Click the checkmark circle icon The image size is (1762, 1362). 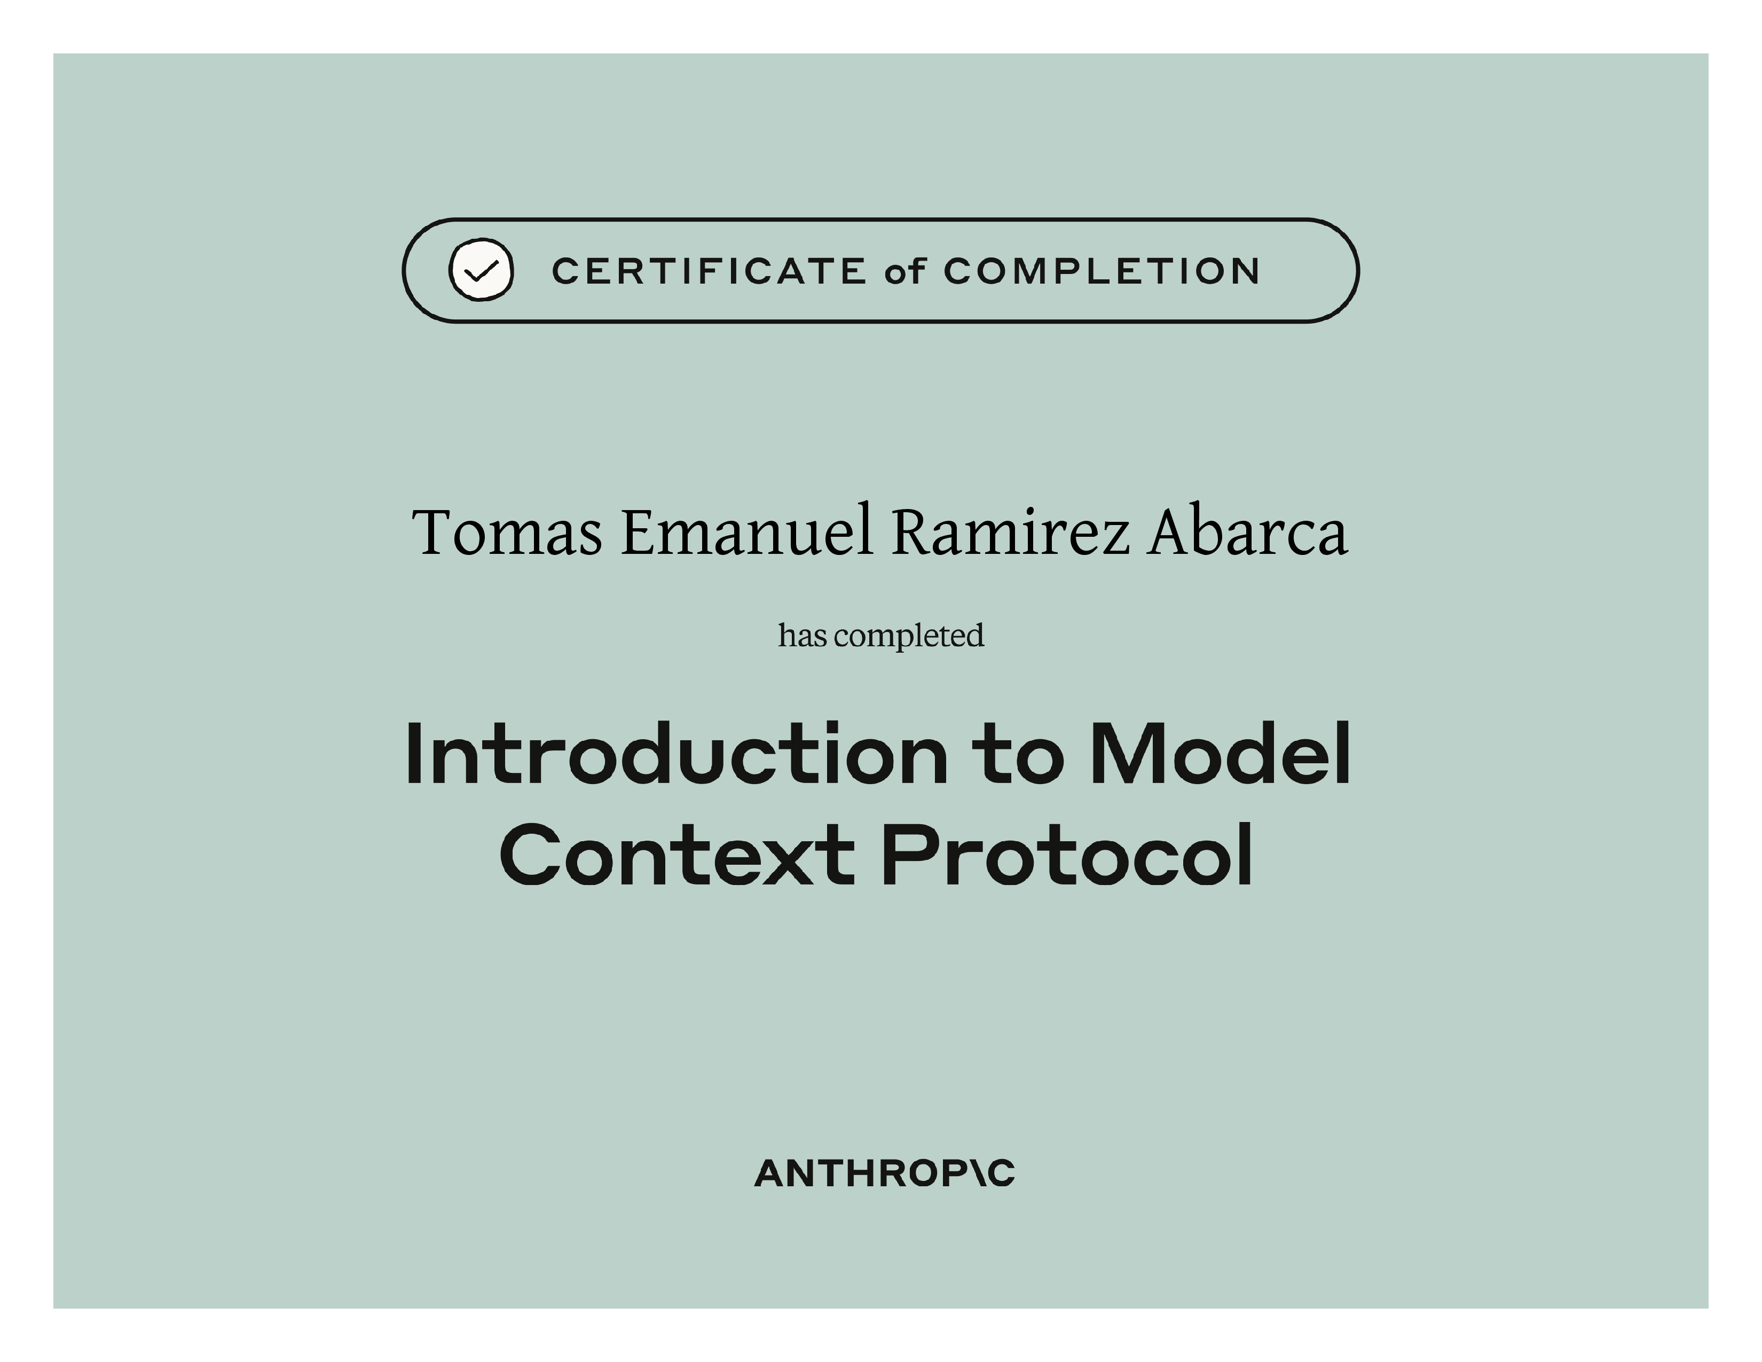click(481, 270)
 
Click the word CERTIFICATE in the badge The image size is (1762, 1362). click(709, 271)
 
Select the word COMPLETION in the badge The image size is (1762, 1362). click(1101, 271)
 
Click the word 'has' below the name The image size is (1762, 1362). click(803, 635)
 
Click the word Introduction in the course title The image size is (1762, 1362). click(676, 754)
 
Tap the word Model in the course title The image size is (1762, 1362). click(1220, 754)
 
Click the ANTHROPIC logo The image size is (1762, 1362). click(884, 1173)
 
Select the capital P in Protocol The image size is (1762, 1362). click(910, 855)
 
